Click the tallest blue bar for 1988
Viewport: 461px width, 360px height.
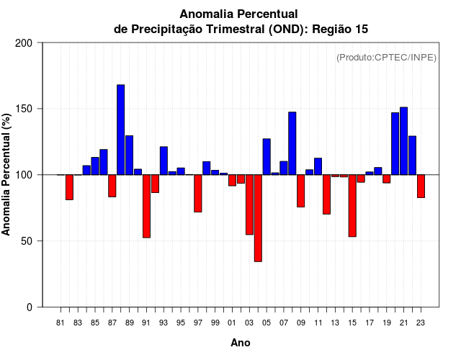[121, 130]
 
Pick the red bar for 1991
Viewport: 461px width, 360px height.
[146, 206]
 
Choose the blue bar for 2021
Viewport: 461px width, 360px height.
[404, 141]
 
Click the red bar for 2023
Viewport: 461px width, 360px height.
[421, 186]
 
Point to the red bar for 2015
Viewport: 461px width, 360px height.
[352, 205]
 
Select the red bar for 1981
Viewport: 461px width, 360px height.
[69, 187]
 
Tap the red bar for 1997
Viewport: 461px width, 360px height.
[197, 193]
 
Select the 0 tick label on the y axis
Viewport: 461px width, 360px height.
[30, 307]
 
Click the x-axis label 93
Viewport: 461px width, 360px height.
[164, 323]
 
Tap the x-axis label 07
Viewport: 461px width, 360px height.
[284, 323]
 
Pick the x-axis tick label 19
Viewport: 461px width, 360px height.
[387, 323]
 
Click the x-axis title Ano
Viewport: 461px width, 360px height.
[241, 343]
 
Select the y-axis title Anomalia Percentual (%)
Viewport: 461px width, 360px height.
[7, 174]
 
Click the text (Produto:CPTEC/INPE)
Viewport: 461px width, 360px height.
[386, 58]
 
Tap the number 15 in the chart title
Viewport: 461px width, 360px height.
[361, 29]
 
